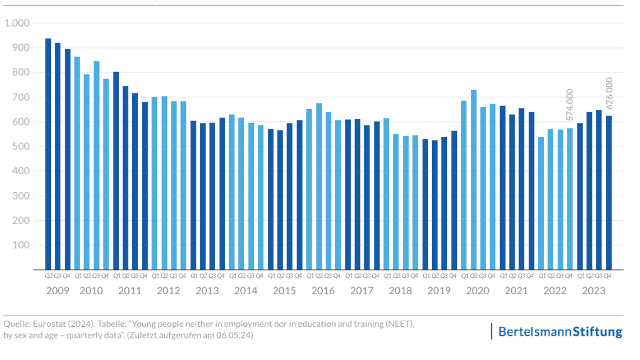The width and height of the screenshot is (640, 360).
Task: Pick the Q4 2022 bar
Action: [570, 199]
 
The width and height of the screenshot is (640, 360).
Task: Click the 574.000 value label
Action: [570, 105]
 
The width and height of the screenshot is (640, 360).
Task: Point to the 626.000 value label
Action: [609, 93]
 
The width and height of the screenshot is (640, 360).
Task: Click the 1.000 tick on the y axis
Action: [17, 23]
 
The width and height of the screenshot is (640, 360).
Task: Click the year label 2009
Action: [58, 291]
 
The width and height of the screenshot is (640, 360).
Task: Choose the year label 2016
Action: [323, 291]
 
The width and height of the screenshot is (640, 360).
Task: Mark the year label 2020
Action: [478, 291]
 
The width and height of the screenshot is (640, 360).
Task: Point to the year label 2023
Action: [594, 291]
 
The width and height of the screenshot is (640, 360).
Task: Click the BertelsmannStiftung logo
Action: [560, 332]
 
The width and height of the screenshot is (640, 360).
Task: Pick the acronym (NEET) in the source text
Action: [398, 324]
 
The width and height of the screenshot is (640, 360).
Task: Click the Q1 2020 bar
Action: [464, 185]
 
